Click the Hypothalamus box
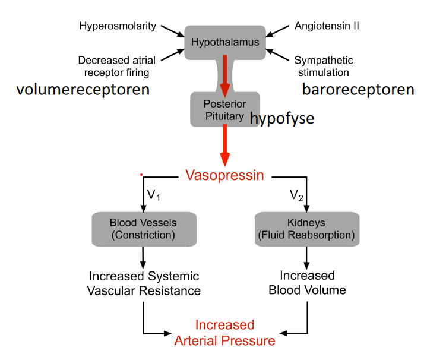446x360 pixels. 224,42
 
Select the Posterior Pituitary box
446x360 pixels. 224,109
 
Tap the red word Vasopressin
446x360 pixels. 224,175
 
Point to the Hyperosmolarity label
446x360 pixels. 118,26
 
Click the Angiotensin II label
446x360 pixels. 327,26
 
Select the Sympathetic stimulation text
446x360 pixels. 324,66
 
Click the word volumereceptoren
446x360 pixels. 83,90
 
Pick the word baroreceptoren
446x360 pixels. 358,90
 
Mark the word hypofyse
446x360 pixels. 282,118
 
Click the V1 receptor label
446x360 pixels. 154,195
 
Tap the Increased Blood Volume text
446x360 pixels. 307,283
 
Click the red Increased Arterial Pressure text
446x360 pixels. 224,333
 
